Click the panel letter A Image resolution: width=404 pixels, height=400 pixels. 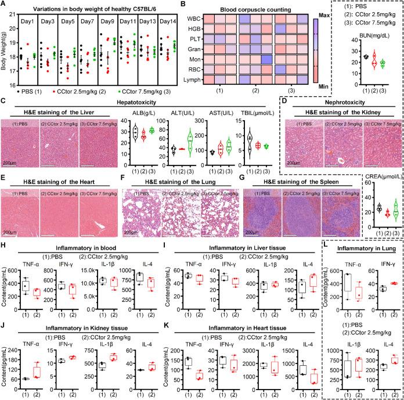(x=5, y=5)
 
